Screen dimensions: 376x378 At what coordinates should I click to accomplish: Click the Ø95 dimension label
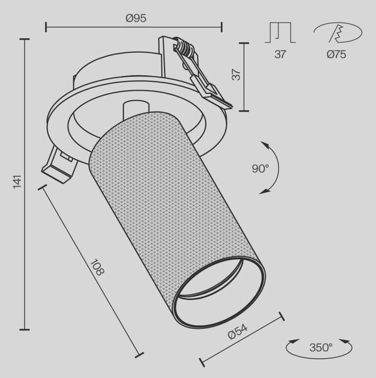coord(136,18)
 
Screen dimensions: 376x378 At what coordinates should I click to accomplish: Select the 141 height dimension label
coord(18,182)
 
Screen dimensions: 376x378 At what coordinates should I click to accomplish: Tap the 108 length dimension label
coord(97,267)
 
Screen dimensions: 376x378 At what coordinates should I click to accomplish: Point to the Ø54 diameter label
coord(237,332)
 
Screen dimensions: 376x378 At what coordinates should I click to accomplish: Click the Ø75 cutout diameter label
coord(336,54)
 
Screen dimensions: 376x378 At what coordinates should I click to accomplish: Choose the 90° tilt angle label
coord(260,168)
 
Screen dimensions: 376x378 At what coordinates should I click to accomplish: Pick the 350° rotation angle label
coord(321,348)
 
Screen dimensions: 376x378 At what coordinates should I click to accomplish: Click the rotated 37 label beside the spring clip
coord(236,75)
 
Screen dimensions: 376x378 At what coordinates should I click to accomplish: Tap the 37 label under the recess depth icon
coord(280,54)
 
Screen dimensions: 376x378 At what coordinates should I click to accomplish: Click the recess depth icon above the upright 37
coord(280,32)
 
